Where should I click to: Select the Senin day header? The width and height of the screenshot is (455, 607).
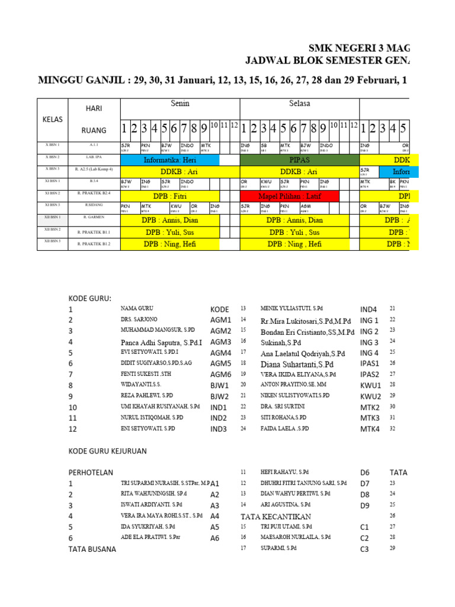tap(180, 104)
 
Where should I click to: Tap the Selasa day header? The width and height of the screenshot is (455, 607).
tap(300, 104)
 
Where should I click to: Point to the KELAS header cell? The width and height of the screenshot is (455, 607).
tap(52, 119)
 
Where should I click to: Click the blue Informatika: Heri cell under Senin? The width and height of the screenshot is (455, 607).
tap(169, 160)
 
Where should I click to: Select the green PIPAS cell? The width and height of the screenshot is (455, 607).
tap(299, 160)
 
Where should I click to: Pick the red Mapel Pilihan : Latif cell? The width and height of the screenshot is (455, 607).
tap(289, 196)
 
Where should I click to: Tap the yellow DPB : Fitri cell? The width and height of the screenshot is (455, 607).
tap(169, 196)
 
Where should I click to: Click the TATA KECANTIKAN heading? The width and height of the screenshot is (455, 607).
tap(275, 516)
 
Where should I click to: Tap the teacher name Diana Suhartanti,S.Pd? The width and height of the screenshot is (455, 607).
tap(297, 364)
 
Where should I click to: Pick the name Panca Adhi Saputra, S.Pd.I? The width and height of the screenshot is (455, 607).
tap(161, 342)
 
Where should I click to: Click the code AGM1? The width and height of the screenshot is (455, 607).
tap(220, 320)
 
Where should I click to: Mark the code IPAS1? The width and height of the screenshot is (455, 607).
tap(370, 364)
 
